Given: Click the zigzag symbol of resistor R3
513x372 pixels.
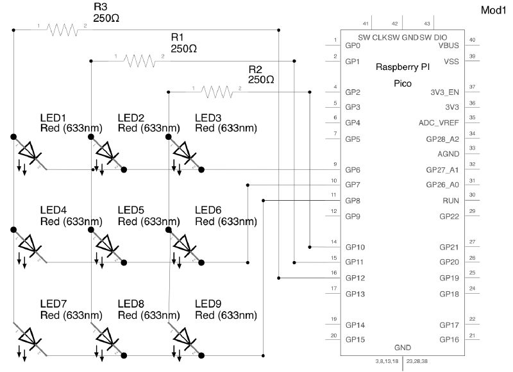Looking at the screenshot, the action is point(62,30).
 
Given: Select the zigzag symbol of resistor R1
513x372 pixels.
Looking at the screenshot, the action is point(139,61).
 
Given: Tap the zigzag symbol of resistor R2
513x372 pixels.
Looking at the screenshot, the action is point(217,92).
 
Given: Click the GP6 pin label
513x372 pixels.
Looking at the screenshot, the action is point(353,170).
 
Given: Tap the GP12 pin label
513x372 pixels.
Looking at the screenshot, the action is point(355,278).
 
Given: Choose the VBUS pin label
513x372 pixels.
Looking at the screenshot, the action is point(448,46).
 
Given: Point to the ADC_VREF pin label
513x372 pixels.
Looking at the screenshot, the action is point(439,123).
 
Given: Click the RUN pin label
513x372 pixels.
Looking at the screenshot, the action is point(451,201).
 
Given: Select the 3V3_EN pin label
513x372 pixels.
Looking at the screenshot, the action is point(444,92).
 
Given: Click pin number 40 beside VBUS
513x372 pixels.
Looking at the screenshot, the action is point(472,40).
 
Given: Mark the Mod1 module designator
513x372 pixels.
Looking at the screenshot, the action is point(493,10).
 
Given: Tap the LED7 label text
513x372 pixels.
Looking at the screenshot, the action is point(53,304).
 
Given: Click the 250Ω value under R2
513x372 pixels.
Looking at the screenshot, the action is point(261,80).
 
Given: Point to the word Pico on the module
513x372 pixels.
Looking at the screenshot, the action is point(403,83).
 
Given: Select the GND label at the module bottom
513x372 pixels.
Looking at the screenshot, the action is point(403,348).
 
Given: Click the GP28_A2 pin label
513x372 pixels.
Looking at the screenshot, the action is point(442,139).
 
